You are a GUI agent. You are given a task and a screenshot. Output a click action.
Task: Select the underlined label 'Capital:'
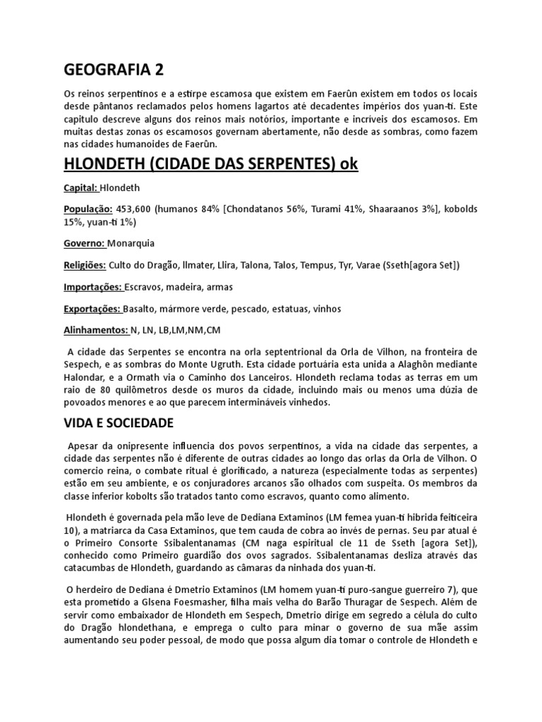[x=81, y=188]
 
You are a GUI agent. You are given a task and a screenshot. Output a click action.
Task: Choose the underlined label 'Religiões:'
[x=85, y=264]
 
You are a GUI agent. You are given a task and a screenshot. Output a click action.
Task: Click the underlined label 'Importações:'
[x=93, y=287]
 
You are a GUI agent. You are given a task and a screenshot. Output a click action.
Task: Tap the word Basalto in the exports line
[x=140, y=309]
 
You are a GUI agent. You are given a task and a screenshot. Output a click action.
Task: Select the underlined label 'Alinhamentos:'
[x=96, y=330]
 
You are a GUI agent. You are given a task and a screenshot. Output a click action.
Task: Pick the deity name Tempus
[x=316, y=264]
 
